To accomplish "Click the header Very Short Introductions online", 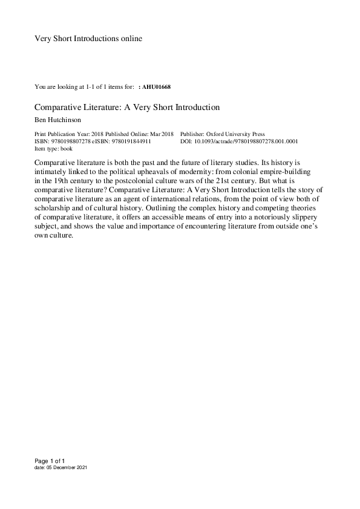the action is click(x=88, y=39).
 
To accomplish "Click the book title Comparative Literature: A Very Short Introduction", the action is click(x=126, y=108).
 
